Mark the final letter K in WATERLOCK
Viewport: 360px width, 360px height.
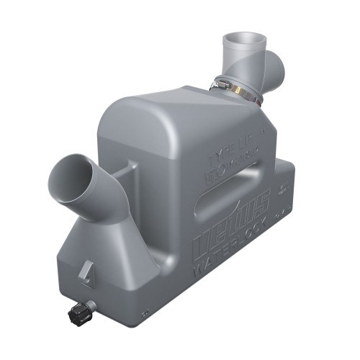point(269,218)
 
